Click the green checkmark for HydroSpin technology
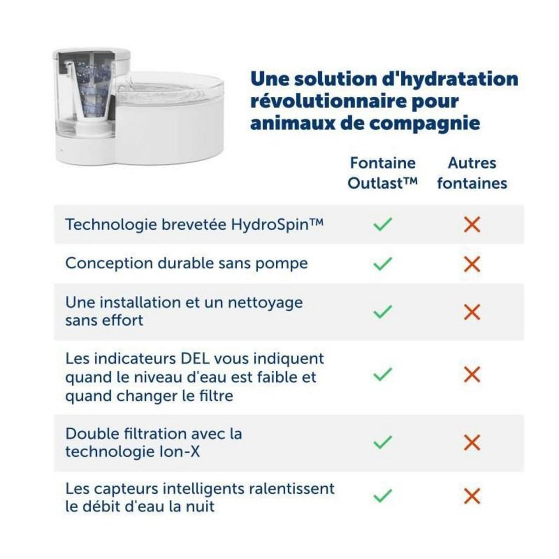tap(382, 225)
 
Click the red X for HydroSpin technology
tap(472, 225)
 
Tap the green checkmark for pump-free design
tap(382, 264)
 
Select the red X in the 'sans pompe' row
tap(472, 264)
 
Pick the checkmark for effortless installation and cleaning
tap(382, 311)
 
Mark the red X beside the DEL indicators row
tap(472, 374)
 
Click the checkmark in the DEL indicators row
tap(382, 374)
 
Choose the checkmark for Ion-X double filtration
tap(382, 442)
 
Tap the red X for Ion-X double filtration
tap(472, 442)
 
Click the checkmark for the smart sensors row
tap(382, 496)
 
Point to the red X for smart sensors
tap(472, 496)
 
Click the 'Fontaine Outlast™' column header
tap(382, 173)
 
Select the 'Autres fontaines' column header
tap(472, 173)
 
